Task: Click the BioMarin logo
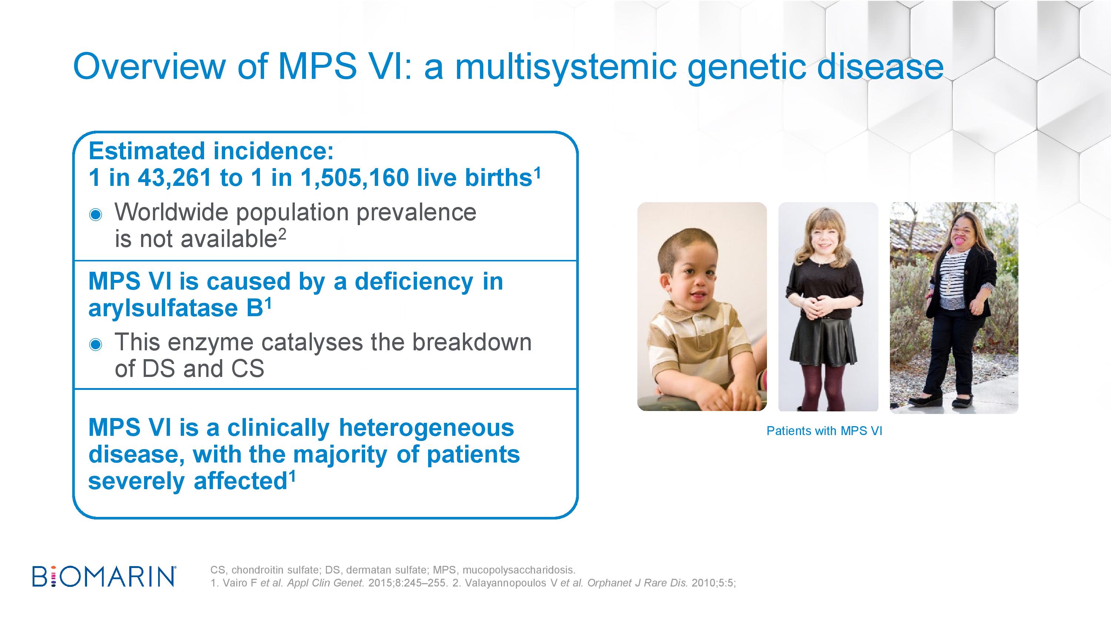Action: [104, 576]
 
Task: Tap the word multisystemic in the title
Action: [565, 68]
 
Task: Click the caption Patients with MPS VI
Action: [824, 431]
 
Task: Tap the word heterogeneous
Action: [427, 428]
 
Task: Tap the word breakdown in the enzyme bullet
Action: [472, 342]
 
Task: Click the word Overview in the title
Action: [149, 67]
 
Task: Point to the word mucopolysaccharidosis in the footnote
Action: [519, 570]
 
